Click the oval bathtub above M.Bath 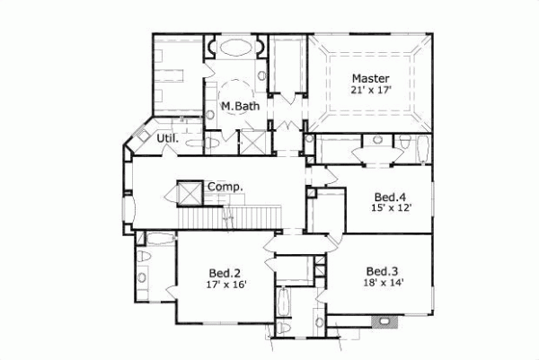(x=234, y=48)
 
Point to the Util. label (x=167, y=139)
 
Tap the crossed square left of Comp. (x=190, y=192)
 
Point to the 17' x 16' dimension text (x=225, y=285)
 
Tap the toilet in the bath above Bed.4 (x=405, y=144)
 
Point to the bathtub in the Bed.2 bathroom (x=159, y=239)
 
